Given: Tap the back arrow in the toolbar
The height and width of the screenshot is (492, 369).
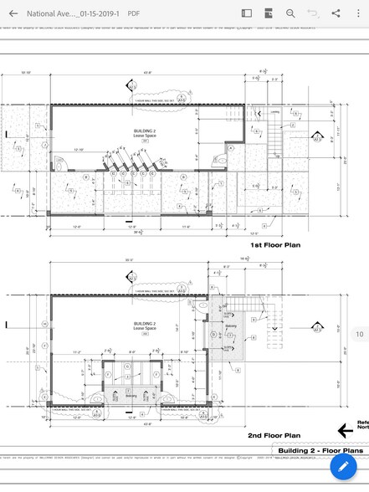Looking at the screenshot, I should (x=13, y=13).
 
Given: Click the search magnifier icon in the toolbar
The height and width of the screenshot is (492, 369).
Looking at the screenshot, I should (x=290, y=13).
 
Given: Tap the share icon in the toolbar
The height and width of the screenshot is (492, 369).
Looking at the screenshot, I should (x=336, y=13).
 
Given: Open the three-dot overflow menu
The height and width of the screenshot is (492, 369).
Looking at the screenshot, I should (x=357, y=13).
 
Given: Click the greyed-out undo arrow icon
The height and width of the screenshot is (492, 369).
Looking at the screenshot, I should (x=313, y=13).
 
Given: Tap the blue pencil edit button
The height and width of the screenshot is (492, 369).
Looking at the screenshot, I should (x=343, y=465).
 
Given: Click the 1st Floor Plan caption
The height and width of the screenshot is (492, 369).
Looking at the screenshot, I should (x=275, y=245).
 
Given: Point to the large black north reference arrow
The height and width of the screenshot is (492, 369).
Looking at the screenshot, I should (x=344, y=430).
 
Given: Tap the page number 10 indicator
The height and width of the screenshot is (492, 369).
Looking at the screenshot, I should (x=360, y=334).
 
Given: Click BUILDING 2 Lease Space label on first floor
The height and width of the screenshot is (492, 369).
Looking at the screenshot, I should (x=144, y=134).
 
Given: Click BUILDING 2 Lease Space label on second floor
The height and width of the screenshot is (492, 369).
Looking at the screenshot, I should (x=144, y=324).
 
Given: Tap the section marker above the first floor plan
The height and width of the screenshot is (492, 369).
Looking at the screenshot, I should (x=131, y=85).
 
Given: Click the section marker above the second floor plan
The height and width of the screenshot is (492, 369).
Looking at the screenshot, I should (x=131, y=275).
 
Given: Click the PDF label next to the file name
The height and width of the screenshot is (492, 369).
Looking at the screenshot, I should (x=134, y=14).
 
